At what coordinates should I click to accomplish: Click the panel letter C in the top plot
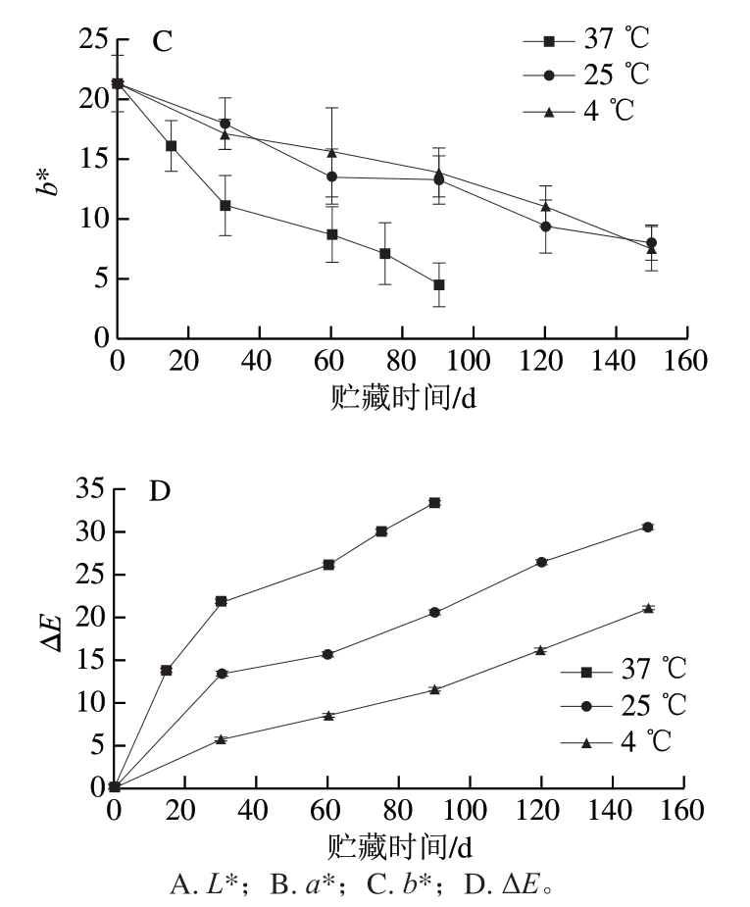pos(162,42)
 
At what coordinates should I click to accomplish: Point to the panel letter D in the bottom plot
pos(160,490)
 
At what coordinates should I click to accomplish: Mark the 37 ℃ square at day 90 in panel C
pos(438,284)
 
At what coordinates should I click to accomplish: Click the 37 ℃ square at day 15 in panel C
pos(171,146)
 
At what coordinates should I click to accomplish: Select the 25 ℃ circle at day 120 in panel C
pos(545,227)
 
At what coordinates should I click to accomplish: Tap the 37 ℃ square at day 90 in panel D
pos(434,502)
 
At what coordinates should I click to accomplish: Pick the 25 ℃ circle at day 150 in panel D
pos(647,527)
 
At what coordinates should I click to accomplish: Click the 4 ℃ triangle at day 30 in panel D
pos(222,738)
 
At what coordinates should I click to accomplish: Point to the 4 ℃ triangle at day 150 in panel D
pos(647,608)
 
